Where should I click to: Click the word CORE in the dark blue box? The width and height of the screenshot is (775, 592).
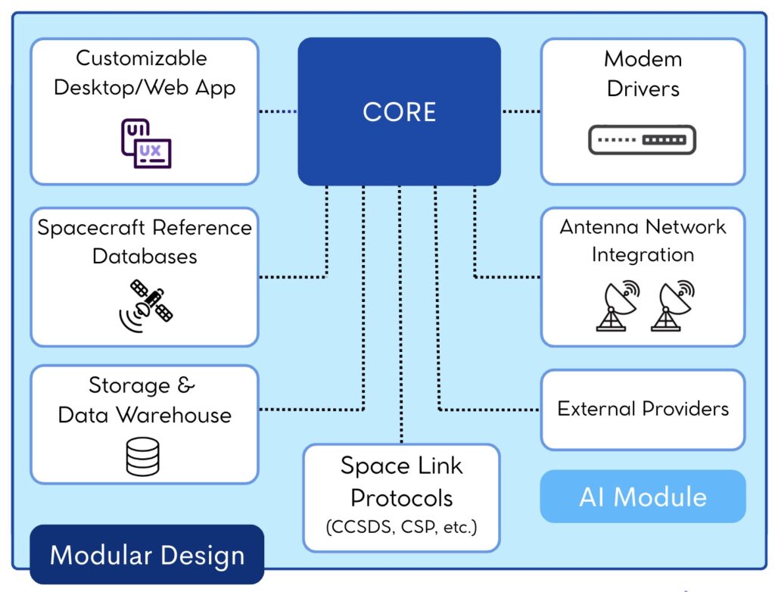pyautogui.click(x=399, y=112)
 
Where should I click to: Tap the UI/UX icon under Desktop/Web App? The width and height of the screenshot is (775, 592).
pyautogui.click(x=145, y=143)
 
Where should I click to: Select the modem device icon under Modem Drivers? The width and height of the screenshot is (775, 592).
pyautogui.click(x=642, y=140)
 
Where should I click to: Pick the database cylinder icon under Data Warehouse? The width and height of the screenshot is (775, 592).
pyautogui.click(x=143, y=456)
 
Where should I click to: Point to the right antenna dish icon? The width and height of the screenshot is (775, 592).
pyautogui.click(x=672, y=306)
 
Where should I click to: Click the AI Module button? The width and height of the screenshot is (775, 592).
pyautogui.click(x=643, y=497)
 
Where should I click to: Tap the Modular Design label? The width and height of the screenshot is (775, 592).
pyautogui.click(x=147, y=556)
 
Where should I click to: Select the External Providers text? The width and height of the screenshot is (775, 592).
pyautogui.click(x=643, y=409)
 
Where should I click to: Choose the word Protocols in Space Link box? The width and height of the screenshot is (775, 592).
pyautogui.click(x=401, y=498)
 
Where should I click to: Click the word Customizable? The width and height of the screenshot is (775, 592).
pyautogui.click(x=141, y=58)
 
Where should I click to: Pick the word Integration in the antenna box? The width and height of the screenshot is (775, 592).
pyautogui.click(x=643, y=254)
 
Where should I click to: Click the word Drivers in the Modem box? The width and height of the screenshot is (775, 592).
pyautogui.click(x=643, y=89)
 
